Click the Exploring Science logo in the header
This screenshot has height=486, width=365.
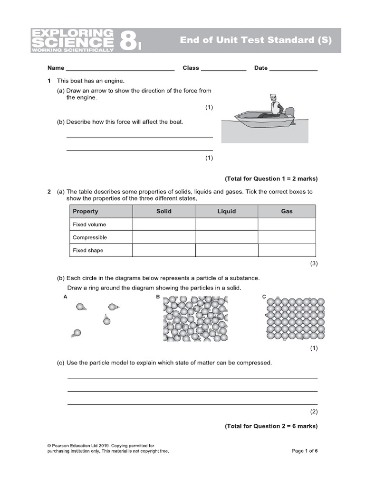tap(72, 40)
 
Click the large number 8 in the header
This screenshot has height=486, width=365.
tap(127, 40)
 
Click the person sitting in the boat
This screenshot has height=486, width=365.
tap(274, 105)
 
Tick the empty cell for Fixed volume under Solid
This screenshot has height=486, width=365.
tap(163, 224)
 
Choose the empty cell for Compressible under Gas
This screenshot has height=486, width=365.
tap(287, 237)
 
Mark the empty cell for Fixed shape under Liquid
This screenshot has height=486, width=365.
tap(226, 250)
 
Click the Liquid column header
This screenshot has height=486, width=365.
tap(226, 211)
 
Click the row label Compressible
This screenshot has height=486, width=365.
tap(90, 237)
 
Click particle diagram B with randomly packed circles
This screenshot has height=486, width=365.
tap(195, 318)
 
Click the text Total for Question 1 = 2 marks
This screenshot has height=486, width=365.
tap(271, 179)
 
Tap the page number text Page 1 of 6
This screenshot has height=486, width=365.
tap(304, 451)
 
